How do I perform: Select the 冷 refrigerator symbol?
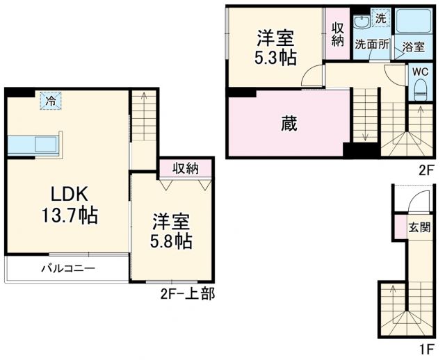[x=50, y=101]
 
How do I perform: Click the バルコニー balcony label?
[x=67, y=268]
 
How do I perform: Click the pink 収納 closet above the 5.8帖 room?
[x=186, y=167]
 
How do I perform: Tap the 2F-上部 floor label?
[x=186, y=295]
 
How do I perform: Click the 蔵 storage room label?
[x=289, y=124]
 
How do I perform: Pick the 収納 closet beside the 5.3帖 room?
[x=337, y=34]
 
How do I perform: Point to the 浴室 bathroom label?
[x=414, y=47]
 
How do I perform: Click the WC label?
[x=420, y=71]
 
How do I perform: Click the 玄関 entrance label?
[x=419, y=227]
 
